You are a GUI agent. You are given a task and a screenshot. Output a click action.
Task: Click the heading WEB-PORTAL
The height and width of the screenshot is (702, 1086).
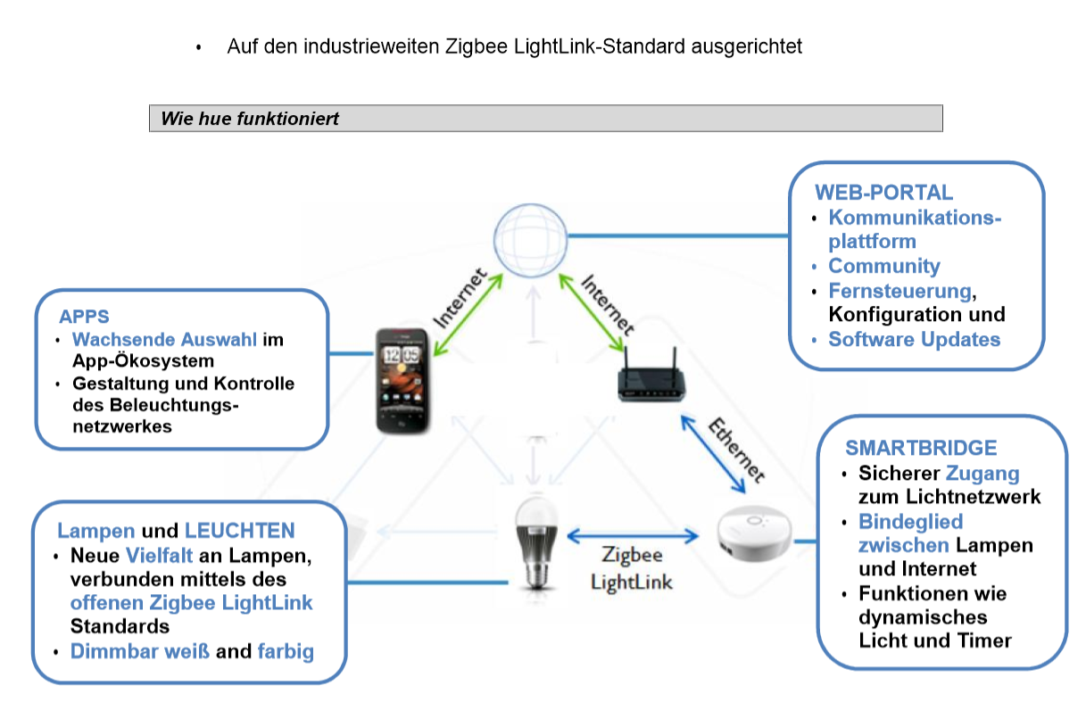click(883, 193)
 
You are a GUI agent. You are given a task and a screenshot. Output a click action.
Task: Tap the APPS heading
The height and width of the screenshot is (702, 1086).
click(84, 317)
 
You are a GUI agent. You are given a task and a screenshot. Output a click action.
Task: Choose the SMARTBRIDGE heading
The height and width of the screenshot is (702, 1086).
click(921, 448)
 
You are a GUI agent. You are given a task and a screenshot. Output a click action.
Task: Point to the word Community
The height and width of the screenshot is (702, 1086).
click(883, 266)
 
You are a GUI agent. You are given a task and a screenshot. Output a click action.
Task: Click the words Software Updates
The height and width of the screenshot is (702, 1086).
click(914, 339)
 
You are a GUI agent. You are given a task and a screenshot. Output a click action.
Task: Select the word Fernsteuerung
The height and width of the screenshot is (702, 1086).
click(899, 291)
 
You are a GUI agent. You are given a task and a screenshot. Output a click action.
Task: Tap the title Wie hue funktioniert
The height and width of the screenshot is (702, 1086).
click(250, 119)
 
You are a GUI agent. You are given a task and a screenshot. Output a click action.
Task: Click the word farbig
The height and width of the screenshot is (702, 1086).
click(286, 651)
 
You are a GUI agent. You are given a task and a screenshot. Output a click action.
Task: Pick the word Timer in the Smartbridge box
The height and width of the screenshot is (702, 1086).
click(986, 640)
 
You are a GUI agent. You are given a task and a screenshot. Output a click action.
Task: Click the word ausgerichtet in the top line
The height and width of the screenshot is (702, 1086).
click(746, 46)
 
